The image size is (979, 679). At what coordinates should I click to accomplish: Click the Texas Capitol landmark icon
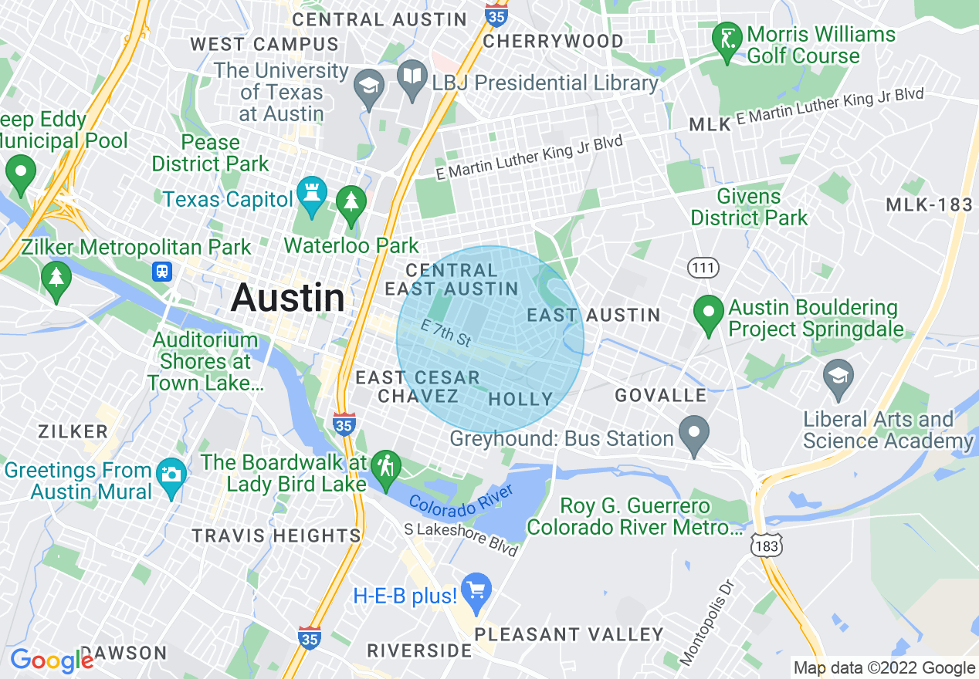[312, 196]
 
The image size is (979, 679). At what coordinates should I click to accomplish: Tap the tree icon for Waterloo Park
[352, 203]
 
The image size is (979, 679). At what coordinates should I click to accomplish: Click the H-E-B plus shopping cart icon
[476, 590]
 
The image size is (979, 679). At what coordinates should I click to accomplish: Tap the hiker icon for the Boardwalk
[384, 466]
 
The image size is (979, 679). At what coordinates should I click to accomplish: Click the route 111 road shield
[703, 268]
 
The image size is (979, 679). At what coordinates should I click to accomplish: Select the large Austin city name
[288, 298]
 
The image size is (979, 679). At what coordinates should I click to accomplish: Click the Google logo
[52, 660]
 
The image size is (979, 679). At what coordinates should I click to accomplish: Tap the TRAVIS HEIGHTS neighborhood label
[276, 535]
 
